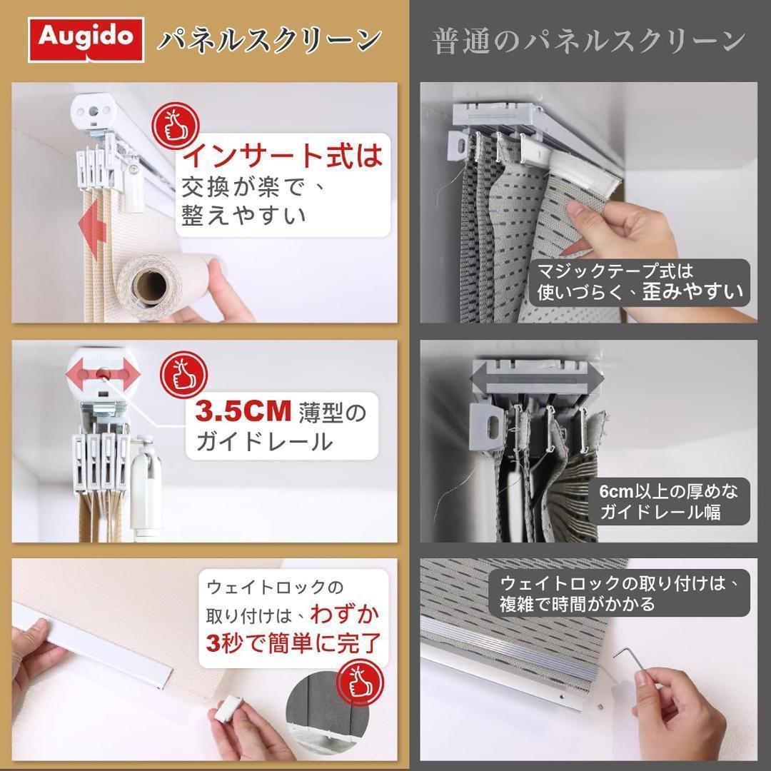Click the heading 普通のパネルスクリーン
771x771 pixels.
[x=590, y=41]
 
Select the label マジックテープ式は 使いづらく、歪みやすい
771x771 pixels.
[x=640, y=282]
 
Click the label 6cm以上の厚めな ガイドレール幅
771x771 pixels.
[x=669, y=500]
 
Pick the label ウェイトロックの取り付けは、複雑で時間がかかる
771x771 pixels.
[x=619, y=593]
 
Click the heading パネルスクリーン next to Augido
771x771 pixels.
[x=268, y=39]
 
